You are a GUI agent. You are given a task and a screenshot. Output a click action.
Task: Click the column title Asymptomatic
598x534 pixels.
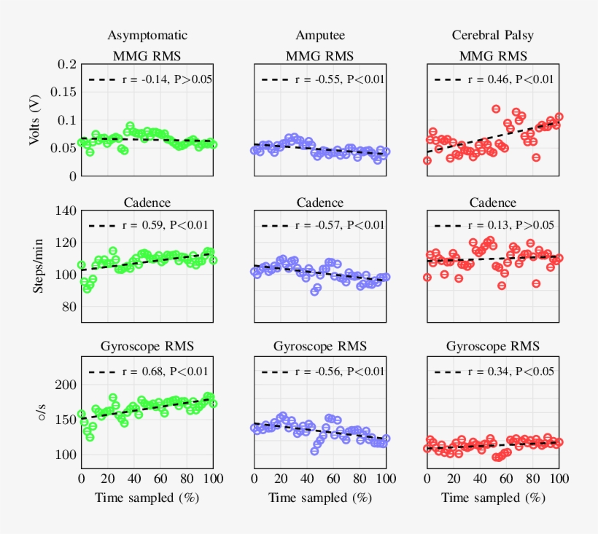click(x=147, y=35)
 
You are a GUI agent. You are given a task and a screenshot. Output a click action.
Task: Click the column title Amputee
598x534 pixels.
click(x=320, y=35)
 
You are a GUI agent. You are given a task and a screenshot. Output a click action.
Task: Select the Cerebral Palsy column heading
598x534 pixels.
click(x=493, y=35)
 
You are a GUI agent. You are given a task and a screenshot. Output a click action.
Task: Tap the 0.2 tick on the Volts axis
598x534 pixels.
click(x=66, y=64)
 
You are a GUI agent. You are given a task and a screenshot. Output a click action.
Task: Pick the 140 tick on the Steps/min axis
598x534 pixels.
click(x=66, y=211)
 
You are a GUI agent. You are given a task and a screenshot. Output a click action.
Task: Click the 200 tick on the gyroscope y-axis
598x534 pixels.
click(x=66, y=385)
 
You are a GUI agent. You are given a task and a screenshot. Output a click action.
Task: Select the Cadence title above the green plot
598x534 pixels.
click(x=147, y=203)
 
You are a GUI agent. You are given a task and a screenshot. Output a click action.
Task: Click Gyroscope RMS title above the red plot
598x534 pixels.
click(x=493, y=345)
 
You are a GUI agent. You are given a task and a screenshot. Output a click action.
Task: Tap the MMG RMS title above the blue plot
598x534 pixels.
click(x=320, y=55)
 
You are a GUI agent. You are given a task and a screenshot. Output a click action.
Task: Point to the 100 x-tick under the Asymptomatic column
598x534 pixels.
click(x=213, y=479)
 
